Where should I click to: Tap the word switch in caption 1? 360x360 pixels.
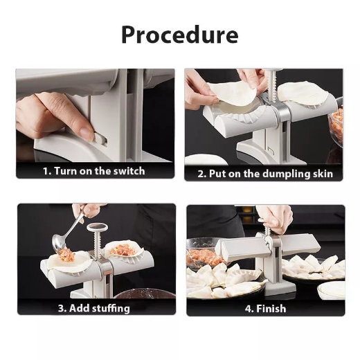(147, 171)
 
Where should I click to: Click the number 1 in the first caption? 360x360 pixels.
(45, 171)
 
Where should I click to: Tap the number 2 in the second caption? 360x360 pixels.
(201, 174)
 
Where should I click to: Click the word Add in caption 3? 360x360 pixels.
(78, 307)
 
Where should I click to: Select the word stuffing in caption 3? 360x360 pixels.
(110, 307)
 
